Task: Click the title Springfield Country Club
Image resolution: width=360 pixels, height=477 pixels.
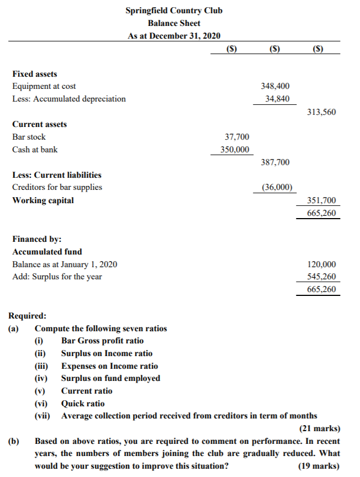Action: [174, 10]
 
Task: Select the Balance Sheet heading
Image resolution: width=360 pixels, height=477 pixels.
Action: [174, 23]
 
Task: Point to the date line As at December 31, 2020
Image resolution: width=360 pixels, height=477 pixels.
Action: [174, 36]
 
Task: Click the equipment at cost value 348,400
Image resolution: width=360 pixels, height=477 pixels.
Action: [274, 86]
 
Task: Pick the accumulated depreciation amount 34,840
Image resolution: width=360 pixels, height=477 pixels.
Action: [278, 99]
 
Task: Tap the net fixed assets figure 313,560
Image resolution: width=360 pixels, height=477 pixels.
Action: [321, 112]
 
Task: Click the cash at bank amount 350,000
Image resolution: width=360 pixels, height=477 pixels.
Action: [234, 150]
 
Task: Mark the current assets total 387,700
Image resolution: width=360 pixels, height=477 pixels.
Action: [274, 162]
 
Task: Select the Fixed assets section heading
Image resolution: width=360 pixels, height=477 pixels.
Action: [34, 73]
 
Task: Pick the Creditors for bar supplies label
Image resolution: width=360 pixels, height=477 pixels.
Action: [57, 187]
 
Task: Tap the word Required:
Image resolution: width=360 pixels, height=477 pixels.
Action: [28, 316]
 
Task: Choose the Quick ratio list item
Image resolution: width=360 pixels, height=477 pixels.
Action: [82, 404]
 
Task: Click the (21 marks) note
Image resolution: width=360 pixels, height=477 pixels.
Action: [320, 428]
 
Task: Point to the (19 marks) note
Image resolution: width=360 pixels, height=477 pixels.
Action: [320, 465]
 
